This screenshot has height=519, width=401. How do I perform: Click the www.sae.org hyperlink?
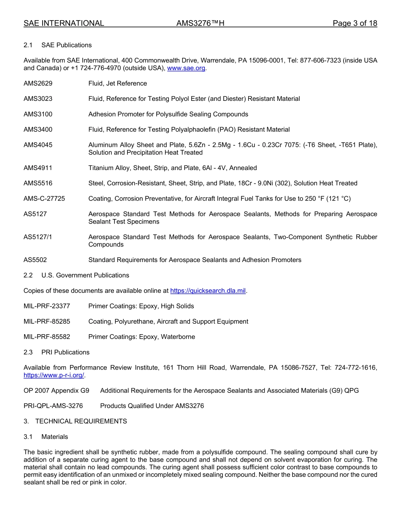pos(186,68)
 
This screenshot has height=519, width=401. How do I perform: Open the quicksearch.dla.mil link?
pos(208,291)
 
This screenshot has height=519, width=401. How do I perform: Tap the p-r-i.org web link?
pos(54,375)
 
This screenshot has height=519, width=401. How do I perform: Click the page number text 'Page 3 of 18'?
pos(355,24)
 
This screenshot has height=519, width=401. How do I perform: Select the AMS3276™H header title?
pos(200,24)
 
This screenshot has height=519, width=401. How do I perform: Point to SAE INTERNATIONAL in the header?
pos(64,24)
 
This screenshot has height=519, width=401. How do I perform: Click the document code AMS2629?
pos(38,84)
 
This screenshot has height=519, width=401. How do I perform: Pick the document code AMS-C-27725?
pos(44,199)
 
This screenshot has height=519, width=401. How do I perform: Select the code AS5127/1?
pos(38,237)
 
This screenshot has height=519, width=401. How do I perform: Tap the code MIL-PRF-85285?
pos(47,322)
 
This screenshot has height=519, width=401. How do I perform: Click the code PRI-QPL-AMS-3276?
pos(53,406)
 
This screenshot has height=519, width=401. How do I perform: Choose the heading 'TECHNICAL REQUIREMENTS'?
pos(81,421)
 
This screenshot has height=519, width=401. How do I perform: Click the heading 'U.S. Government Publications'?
pos(85,276)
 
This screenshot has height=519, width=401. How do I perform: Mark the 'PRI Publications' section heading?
pos(65,352)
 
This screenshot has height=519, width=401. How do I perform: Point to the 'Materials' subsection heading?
pos(54,437)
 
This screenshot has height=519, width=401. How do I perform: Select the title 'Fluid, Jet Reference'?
pos(117,84)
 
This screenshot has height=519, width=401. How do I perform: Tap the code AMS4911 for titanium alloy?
pos(38,168)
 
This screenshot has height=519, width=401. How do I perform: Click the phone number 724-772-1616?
pos(356,368)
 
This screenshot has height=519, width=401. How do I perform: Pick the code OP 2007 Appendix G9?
pos(57,391)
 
